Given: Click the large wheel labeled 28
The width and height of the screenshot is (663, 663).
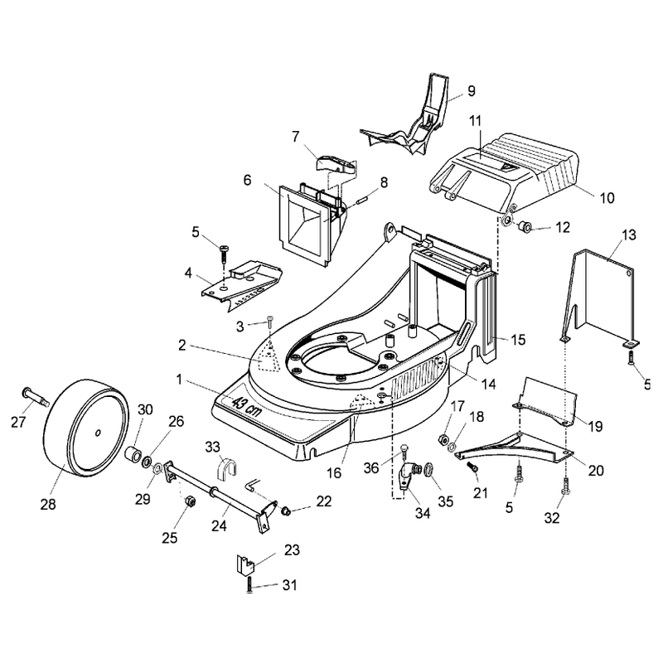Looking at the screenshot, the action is coord(86,427).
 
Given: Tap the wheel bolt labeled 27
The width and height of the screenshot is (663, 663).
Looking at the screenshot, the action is coord(36,396).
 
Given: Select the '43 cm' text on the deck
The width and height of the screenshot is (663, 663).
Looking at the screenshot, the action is coord(247,407).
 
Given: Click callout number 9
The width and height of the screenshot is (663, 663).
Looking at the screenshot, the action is coord(472,91).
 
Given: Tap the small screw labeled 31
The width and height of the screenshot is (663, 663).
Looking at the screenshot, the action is coord(250,584).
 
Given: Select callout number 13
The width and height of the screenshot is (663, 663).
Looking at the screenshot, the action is coord(629,235).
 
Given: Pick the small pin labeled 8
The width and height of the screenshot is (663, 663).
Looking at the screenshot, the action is coord(362,199).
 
